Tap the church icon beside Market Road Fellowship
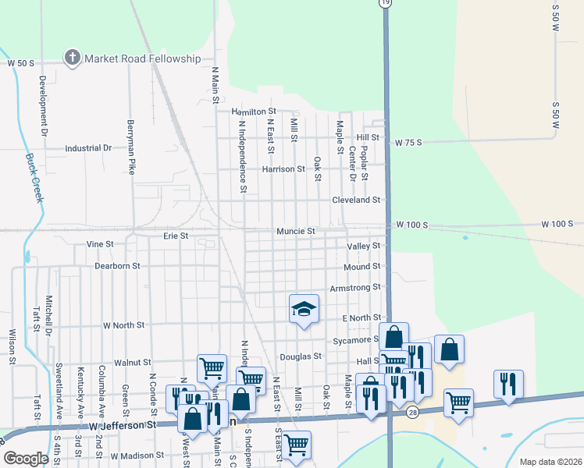(73, 58)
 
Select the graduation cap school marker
(304, 309)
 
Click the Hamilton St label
(253, 112)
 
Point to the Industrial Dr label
(88, 148)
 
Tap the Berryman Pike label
(132, 145)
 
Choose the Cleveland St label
(355, 200)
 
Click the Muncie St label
(295, 232)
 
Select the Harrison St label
(283, 168)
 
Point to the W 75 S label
(408, 143)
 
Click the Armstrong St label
(354, 288)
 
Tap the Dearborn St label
(116, 266)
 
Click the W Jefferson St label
(123, 426)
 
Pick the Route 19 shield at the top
(385, 4)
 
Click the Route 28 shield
(411, 410)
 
